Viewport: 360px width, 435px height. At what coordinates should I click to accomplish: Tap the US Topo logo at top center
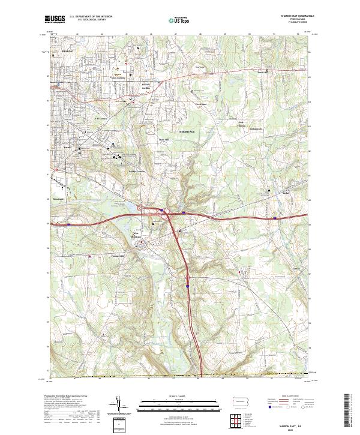tap(173, 20)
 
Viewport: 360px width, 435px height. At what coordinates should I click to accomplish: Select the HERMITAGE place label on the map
tap(188, 130)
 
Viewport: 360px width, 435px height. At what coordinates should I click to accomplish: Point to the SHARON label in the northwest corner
tap(66, 52)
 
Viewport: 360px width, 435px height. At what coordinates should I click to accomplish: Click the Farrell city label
tap(68, 146)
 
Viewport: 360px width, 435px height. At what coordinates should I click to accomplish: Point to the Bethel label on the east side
tap(269, 195)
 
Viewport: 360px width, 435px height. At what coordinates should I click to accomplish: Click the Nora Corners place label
tap(119, 78)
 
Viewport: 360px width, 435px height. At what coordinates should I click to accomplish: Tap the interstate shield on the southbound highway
tap(187, 287)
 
